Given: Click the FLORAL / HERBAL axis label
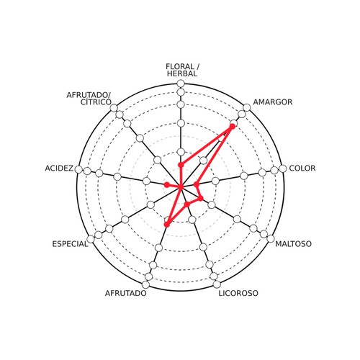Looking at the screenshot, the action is (x=183, y=70).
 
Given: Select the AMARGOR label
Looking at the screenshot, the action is (x=273, y=102).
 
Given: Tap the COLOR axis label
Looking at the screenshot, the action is (x=302, y=168).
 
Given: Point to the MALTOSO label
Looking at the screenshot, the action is (x=293, y=244).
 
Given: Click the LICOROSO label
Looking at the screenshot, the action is (x=238, y=293).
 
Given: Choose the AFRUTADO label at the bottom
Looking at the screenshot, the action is (x=125, y=293).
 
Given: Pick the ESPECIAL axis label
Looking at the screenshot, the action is (x=70, y=244).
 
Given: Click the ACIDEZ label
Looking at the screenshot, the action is (x=59, y=168).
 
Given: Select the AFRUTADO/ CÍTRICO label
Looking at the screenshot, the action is (x=89, y=99).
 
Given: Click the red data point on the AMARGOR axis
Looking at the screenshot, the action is (x=232, y=127).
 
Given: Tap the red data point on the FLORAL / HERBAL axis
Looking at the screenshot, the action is (x=181, y=165).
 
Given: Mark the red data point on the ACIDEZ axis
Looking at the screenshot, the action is (x=166, y=184).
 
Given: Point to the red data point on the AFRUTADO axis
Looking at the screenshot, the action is (x=167, y=225).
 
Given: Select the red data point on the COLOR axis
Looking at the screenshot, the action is (x=197, y=184).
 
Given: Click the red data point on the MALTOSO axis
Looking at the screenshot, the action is (x=201, y=198).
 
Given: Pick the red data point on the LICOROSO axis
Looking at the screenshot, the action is (x=187, y=204).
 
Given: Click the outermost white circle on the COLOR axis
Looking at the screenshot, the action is (x=283, y=168).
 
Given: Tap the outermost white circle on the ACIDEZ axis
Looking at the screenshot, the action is (x=78, y=169).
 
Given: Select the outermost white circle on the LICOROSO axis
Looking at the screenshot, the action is (x=217, y=284).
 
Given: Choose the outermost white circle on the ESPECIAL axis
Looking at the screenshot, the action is (x=91, y=239).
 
